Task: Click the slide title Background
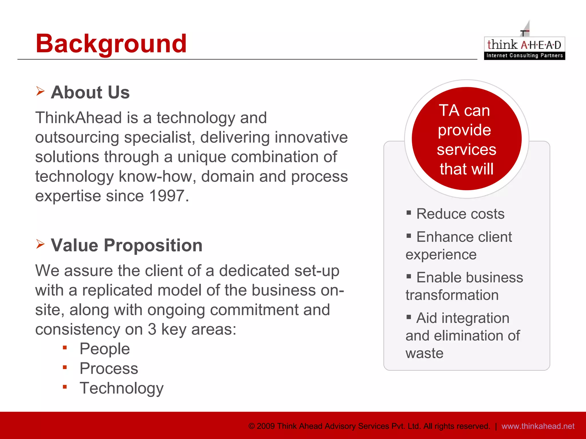111,43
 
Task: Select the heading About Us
90,92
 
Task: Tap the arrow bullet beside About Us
40,91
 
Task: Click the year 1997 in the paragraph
167,196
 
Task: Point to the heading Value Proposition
126,245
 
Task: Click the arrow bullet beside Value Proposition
40,244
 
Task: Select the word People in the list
104,349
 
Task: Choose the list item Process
109,368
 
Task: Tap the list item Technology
121,388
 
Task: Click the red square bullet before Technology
65,387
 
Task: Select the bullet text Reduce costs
460,214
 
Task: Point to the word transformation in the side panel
452,295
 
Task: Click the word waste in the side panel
424,353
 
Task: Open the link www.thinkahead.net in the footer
538,426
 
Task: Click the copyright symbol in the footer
252,426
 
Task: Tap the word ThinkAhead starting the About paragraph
79,118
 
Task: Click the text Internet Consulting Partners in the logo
524,55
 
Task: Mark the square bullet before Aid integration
409,317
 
